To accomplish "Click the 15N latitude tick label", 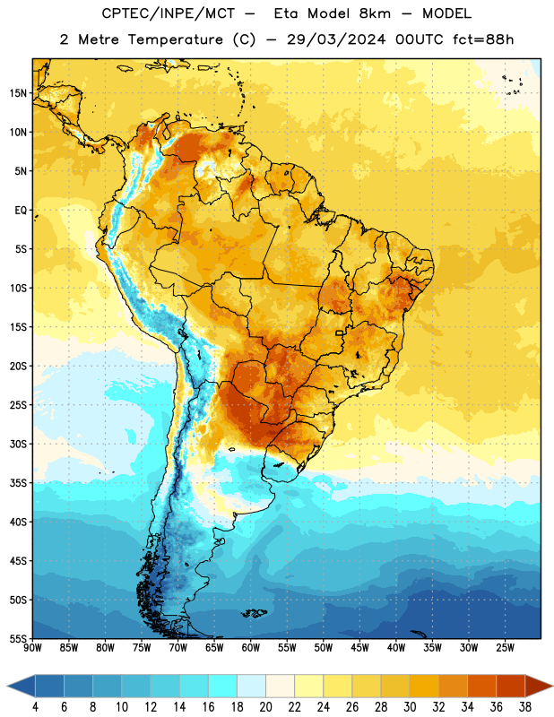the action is coord(18,93).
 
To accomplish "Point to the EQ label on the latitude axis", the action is coord(21,211).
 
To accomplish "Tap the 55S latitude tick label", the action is coord(18,638).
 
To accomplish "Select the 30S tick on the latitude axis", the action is coord(18,444).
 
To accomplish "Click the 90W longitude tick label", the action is coord(32,647).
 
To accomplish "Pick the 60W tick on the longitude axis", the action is coord(251,647).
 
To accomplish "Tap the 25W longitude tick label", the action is coord(505,647).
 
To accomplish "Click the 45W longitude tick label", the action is coord(359,647).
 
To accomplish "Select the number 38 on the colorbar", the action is coord(524,707).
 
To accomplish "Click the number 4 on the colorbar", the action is coord(35,707).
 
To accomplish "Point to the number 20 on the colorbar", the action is coord(265,707).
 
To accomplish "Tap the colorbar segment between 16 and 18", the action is coord(223,686).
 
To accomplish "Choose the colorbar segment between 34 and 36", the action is coord(481,686).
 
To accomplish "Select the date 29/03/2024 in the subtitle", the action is coord(336,39).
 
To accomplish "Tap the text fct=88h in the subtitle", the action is coord(483,39).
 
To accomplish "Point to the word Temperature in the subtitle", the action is coord(175,39).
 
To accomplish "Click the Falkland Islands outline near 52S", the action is coord(255,613).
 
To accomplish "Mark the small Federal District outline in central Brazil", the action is coord(340,333).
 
